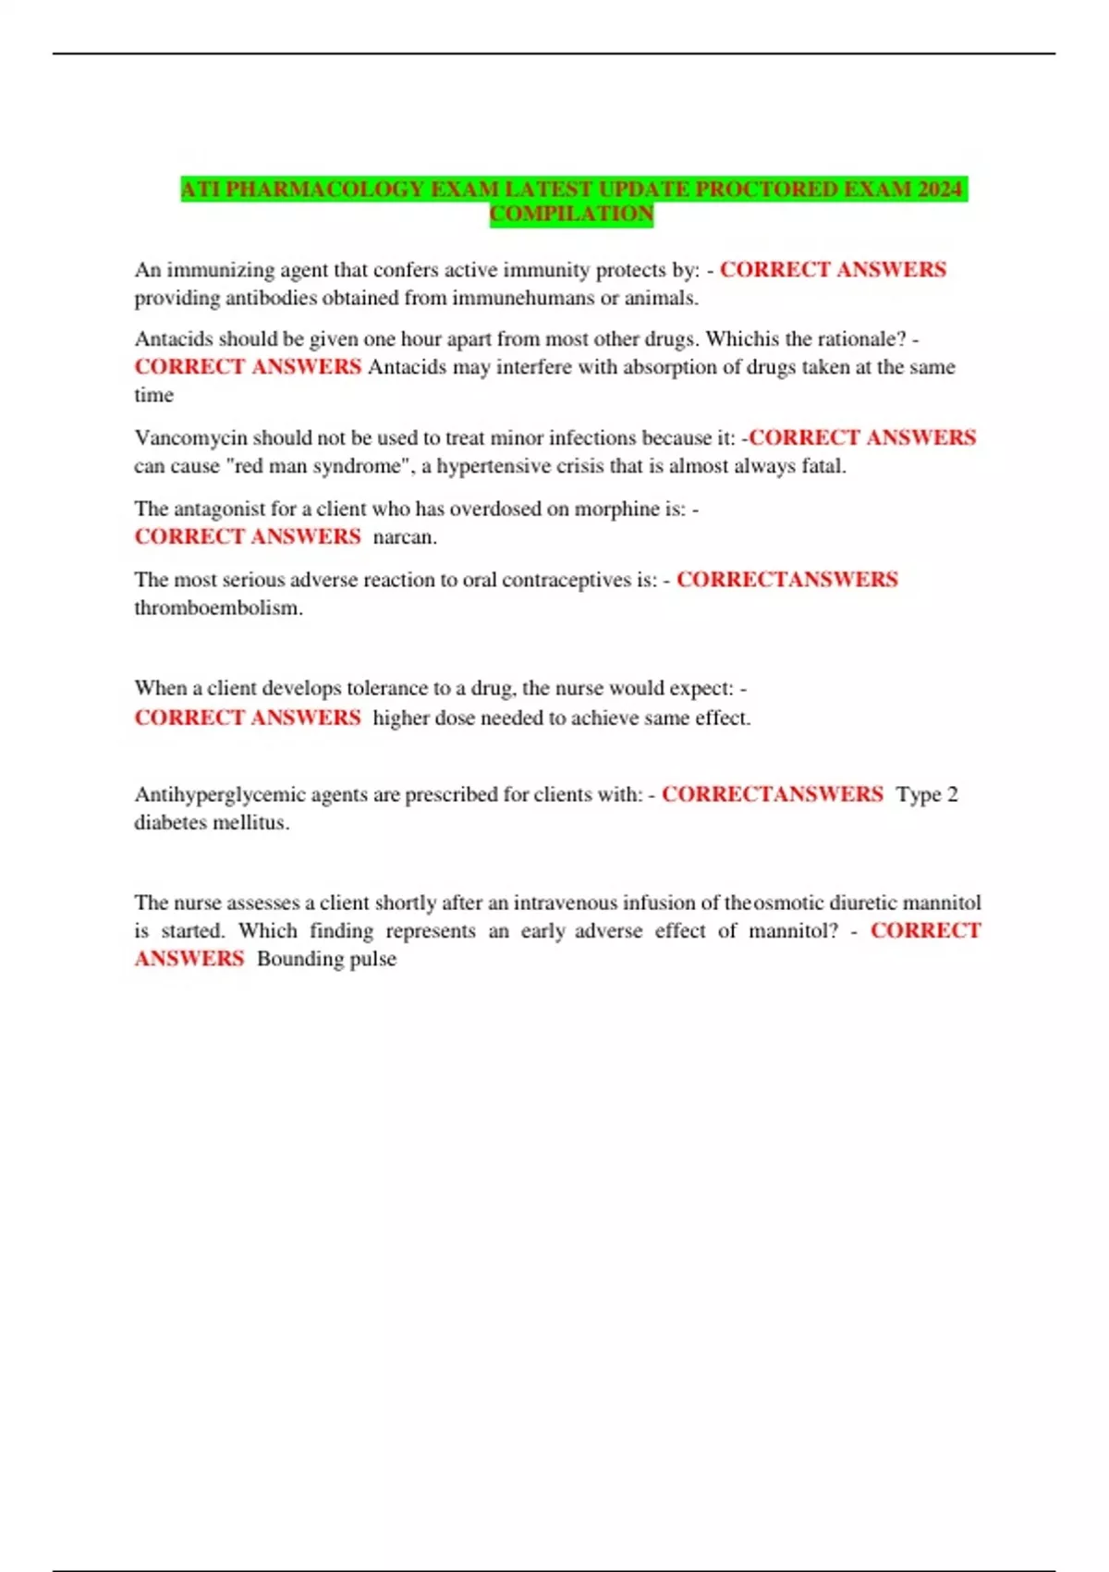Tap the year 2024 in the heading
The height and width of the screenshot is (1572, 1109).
940,190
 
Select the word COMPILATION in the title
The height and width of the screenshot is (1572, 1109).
571,215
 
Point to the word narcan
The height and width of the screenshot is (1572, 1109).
405,537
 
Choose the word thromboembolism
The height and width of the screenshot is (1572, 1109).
218,608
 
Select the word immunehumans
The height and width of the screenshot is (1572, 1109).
523,299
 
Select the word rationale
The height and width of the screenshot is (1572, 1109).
862,340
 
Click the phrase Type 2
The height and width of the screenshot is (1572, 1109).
927,795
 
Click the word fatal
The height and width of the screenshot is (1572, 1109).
823,467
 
